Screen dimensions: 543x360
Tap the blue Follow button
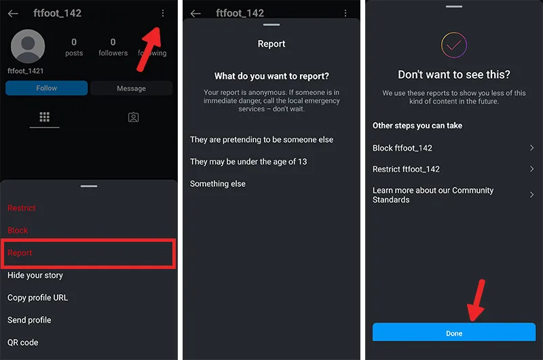pos(46,88)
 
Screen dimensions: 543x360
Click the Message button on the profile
pos(131,88)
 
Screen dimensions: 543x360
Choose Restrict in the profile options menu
pos(22,208)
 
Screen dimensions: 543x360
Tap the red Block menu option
pos(18,230)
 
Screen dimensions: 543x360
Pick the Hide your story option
pos(35,276)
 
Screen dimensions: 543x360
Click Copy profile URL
pos(38,298)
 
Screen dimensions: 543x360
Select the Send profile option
pos(29,320)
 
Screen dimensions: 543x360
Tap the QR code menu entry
pos(23,342)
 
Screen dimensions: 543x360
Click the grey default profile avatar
pos(28,46)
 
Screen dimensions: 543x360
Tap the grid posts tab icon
pos(44,117)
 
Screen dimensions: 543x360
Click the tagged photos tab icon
pos(133,117)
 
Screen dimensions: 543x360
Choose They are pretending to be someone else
pos(261,140)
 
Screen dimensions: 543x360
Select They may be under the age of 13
pos(248,162)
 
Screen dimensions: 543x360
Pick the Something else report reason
pos(217,184)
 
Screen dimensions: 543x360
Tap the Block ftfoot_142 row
pos(453,148)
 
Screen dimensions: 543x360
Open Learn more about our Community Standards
pos(453,195)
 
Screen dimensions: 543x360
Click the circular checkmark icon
pos(454,45)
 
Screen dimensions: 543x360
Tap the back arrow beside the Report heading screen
pos(195,14)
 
